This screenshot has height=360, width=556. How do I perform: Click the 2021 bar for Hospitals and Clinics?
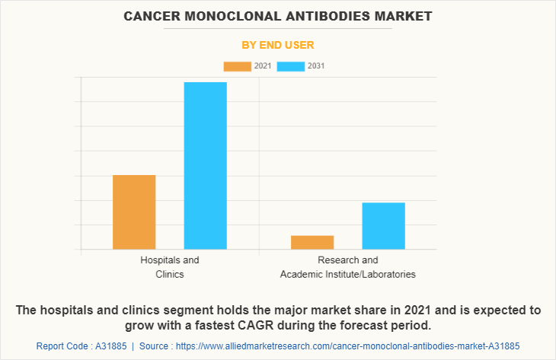[134, 212]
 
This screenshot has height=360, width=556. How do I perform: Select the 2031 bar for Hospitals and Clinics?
[205, 165]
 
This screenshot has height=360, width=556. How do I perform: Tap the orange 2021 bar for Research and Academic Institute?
[312, 242]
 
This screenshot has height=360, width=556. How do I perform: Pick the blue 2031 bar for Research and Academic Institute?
[383, 225]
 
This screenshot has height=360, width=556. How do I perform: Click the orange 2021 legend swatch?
[237, 66]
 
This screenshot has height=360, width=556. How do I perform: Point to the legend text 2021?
[262, 66]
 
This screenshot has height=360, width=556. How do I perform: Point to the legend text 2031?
[316, 66]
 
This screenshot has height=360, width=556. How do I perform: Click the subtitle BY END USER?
[277, 45]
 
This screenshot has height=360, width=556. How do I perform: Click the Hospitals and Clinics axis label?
[169, 266]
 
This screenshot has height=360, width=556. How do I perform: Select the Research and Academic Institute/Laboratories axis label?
[347, 266]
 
